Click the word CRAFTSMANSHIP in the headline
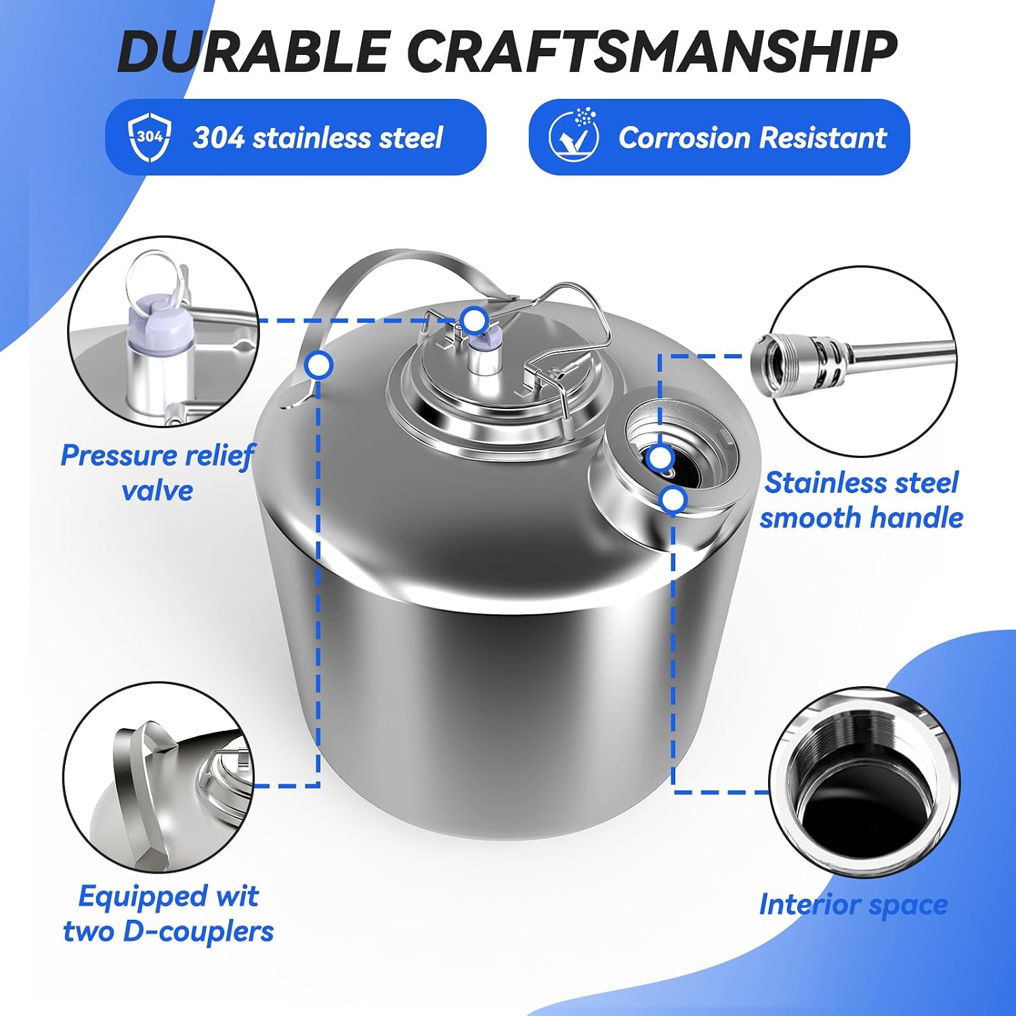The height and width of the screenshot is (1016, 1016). [653, 52]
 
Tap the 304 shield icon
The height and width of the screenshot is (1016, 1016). [149, 137]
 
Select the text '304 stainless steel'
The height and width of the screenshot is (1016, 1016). [318, 137]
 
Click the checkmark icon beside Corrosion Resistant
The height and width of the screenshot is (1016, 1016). [574, 135]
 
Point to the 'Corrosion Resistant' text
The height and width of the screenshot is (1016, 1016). [753, 137]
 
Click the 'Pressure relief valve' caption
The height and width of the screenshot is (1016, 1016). [157, 473]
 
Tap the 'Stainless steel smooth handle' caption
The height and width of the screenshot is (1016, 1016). [861, 501]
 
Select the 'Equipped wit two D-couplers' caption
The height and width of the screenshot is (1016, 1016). [169, 913]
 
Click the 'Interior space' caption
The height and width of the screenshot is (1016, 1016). [853, 904]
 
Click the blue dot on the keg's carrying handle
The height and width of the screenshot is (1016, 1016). [318, 365]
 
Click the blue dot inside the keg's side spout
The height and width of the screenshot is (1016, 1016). [659, 458]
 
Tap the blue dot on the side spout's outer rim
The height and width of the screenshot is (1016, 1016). [673, 501]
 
